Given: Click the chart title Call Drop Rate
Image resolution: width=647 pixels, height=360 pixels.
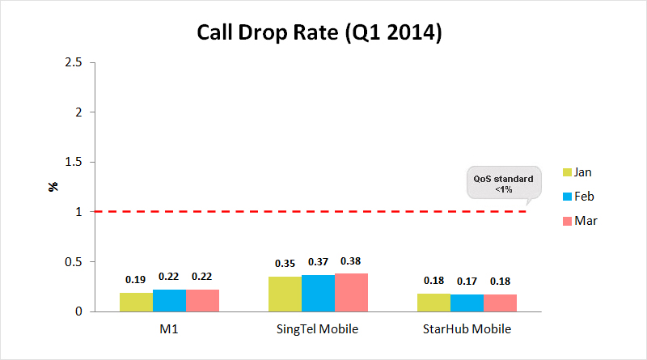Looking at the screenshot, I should (320, 33).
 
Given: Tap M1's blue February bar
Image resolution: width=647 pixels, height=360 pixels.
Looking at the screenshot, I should (169, 301).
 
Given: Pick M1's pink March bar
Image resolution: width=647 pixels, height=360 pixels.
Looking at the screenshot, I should (202, 301).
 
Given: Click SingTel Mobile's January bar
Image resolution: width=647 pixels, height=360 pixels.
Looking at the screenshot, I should (285, 294).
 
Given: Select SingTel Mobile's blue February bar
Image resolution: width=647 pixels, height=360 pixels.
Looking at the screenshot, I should (318, 294).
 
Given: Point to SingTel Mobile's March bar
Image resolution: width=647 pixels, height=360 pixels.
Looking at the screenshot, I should (351, 293).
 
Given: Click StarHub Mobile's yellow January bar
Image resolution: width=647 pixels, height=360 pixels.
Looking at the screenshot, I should (433, 303).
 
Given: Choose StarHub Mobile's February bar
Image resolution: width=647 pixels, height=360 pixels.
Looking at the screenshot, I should (467, 303).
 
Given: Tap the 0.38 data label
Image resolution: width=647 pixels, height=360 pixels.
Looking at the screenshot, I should (351, 261).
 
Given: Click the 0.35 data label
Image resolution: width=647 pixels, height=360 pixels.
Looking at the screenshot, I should (284, 264).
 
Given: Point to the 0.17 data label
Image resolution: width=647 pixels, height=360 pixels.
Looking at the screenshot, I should (467, 282).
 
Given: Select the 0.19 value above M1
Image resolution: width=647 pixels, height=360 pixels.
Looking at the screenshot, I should (135, 279).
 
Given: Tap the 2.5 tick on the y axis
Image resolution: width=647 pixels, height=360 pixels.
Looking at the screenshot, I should (74, 62).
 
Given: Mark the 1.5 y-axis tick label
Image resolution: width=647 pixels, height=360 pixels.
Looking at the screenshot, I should (74, 162).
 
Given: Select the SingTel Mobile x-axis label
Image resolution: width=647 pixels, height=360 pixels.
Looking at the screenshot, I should (318, 329).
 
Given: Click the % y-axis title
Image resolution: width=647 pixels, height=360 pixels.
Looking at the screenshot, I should (53, 187).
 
